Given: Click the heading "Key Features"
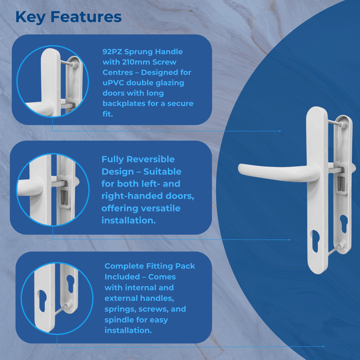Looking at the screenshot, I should [68, 16].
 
